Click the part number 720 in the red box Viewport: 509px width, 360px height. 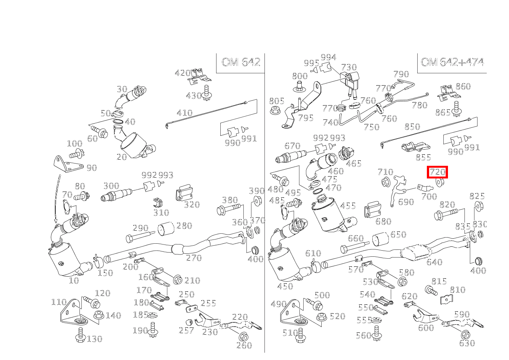(x=438, y=172)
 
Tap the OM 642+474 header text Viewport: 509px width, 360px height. (x=452, y=62)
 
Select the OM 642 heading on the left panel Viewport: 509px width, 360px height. (x=241, y=62)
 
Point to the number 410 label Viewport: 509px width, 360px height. (x=184, y=113)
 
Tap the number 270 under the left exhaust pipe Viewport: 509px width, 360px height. (x=194, y=258)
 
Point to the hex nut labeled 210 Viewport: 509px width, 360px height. (x=177, y=279)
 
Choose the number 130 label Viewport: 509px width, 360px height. (x=94, y=339)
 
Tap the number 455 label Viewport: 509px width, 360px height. (x=348, y=206)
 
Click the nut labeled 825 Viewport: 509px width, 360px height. (x=478, y=206)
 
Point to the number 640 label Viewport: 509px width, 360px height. (x=434, y=262)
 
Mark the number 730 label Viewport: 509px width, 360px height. (x=349, y=68)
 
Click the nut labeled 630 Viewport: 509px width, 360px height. (x=465, y=334)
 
